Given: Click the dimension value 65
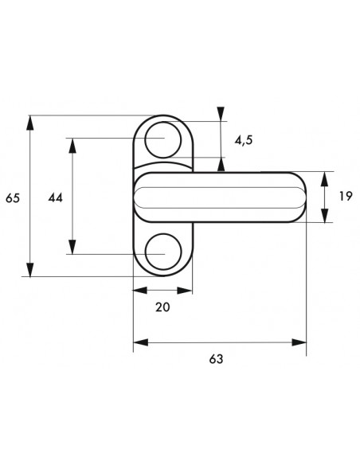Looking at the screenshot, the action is coord(13,197).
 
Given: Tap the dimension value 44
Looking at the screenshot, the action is coord(56,197).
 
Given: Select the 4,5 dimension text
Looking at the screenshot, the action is coord(244,140).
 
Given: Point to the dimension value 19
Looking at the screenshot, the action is coord(345,196).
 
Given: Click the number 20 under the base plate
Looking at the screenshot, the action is coord(162,307).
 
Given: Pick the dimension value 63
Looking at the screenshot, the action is coord(216,359).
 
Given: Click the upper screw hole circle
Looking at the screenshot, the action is coord(163,140).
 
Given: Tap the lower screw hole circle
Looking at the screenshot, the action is coord(163,252).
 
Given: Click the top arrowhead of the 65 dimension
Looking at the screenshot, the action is coord(29,123).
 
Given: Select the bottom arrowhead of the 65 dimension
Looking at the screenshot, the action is coord(29,269).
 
